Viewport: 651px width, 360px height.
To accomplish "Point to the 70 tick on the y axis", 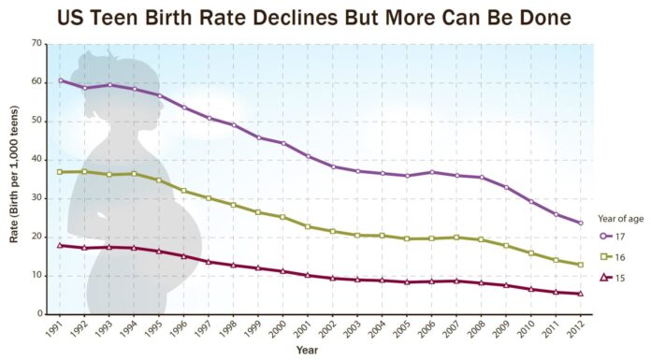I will [x=36, y=43].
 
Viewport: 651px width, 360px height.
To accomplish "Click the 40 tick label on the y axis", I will [x=36, y=159].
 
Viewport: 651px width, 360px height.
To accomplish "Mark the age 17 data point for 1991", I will [x=61, y=80].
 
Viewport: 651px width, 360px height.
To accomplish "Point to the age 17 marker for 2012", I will [x=581, y=223].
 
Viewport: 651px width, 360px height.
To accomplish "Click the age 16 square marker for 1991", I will [x=61, y=172].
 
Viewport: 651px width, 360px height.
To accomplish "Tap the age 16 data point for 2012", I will [x=581, y=265].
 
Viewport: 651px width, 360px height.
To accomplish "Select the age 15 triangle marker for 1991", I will [x=61, y=245].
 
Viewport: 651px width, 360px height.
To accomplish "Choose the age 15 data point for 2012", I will [x=581, y=293].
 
